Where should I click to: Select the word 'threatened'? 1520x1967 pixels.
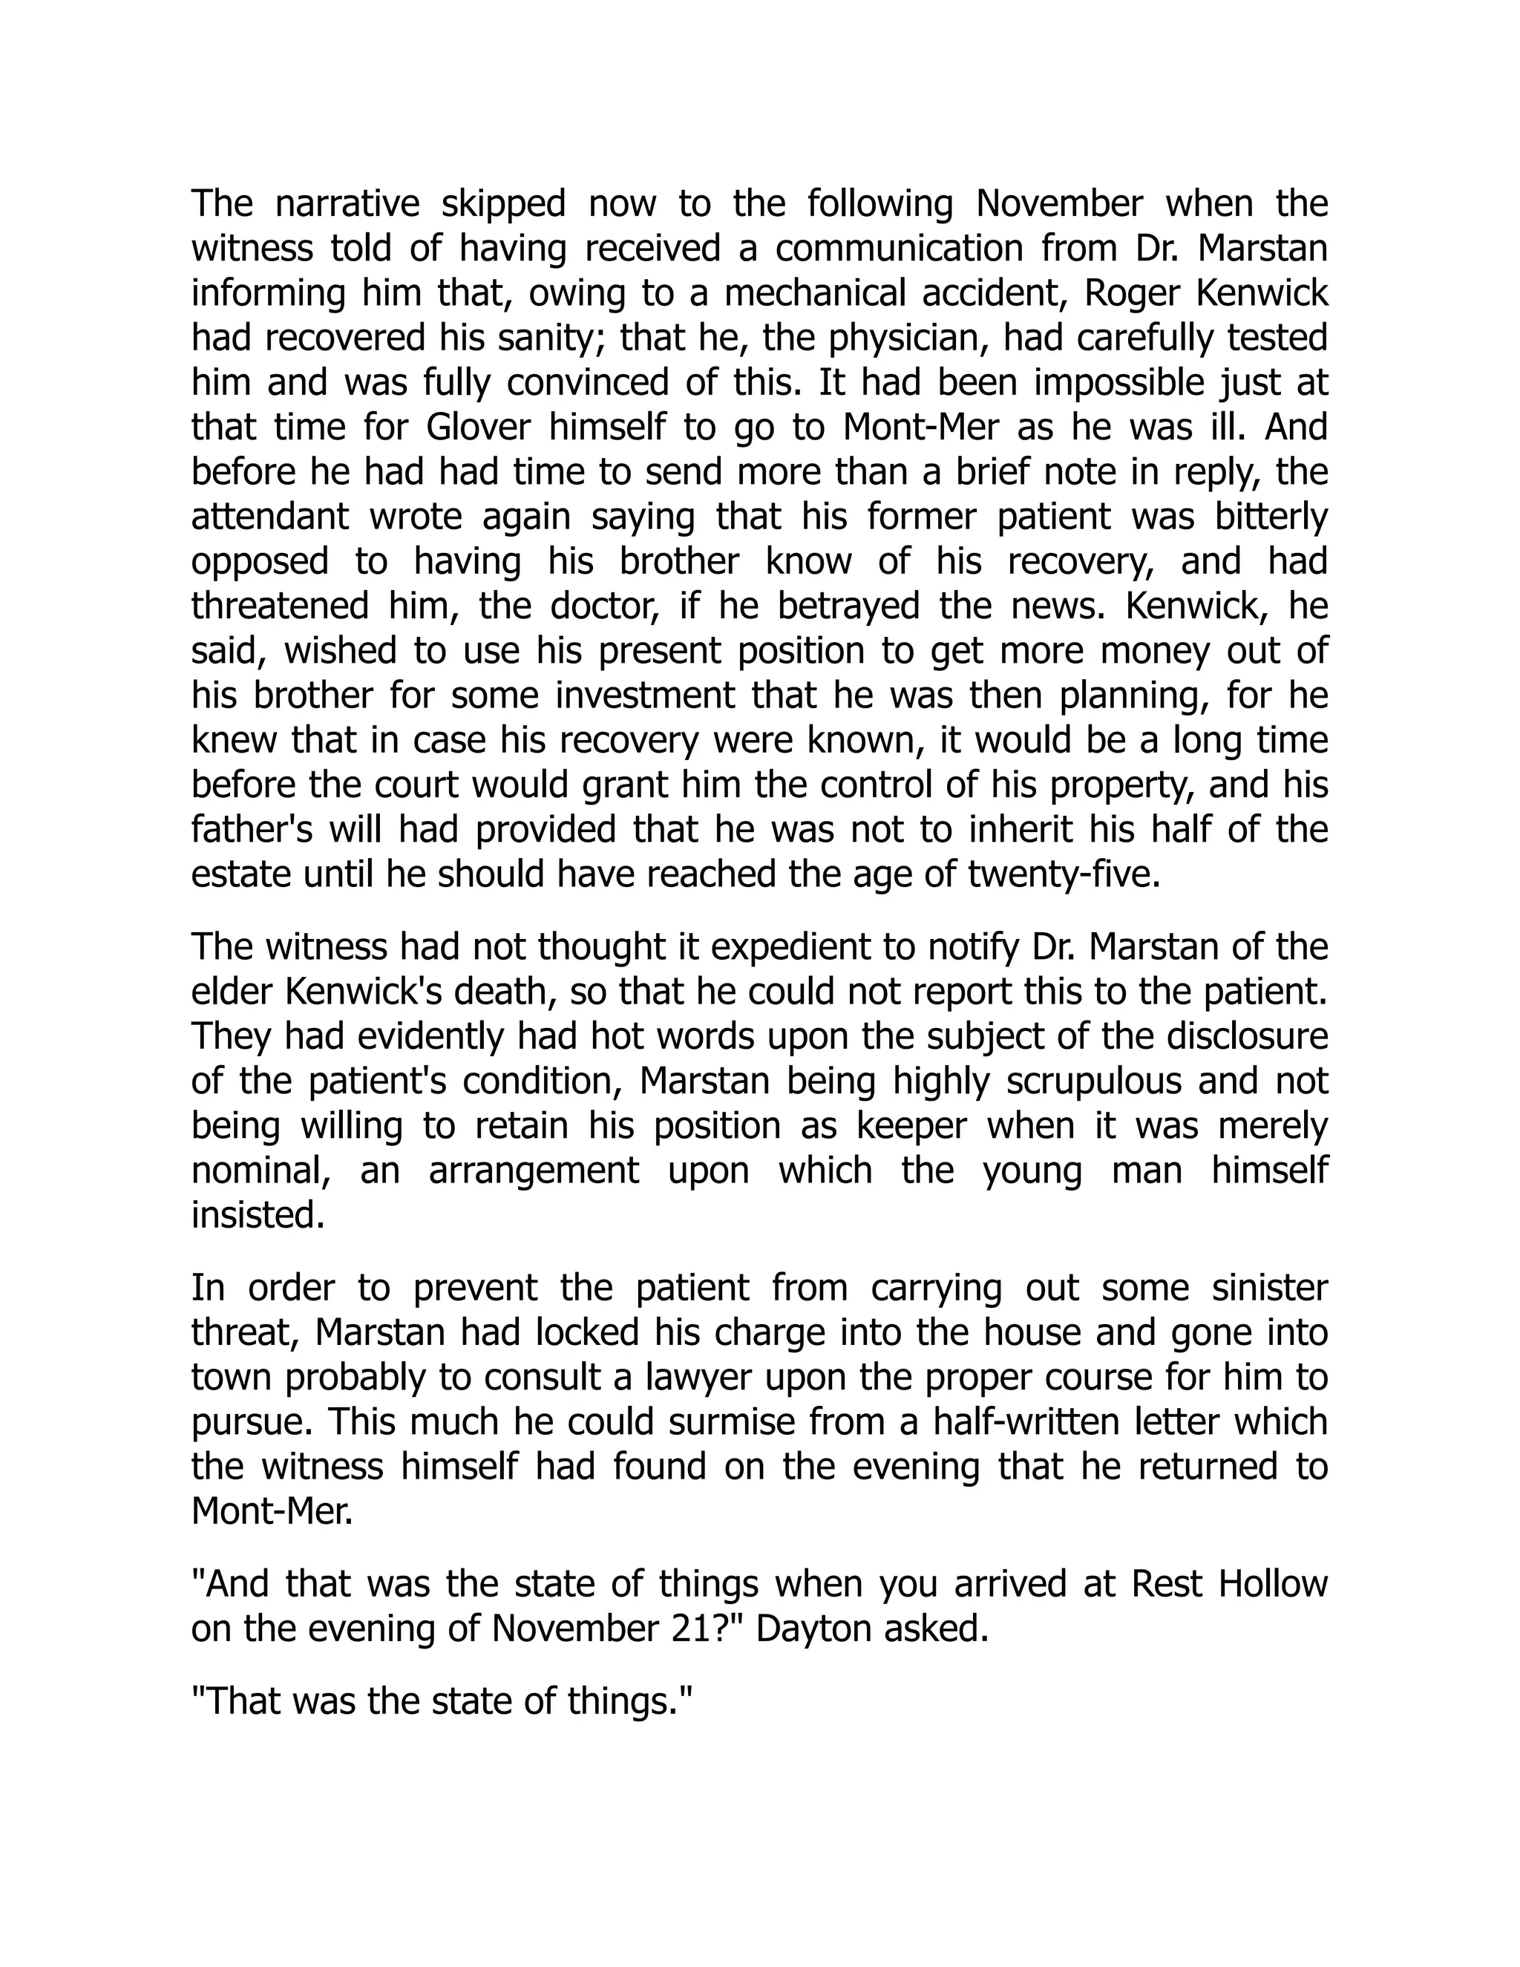pyautogui.click(x=280, y=606)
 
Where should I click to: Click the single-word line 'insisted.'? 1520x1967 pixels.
pyautogui.click(x=258, y=1216)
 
